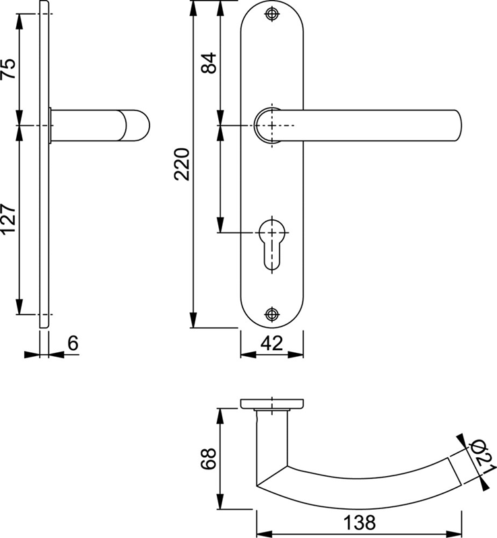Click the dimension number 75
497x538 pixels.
point(9,69)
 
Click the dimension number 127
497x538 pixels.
point(9,220)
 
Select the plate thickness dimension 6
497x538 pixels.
point(73,343)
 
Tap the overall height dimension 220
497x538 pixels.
point(182,164)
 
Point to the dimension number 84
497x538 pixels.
point(209,63)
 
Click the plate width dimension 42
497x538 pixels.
point(272,343)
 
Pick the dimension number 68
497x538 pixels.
point(208,459)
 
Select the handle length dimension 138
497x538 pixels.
point(359,523)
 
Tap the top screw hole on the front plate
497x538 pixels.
point(272,14)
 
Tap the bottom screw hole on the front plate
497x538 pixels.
point(272,314)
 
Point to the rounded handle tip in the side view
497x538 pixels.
point(137,125)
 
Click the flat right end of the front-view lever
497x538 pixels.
point(459,125)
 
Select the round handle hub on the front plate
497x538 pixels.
point(268,125)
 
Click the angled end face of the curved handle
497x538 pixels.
point(454,471)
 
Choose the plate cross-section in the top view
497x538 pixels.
point(272,403)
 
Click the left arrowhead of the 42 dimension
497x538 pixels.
point(248,355)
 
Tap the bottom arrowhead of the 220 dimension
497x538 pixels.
point(193,320)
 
